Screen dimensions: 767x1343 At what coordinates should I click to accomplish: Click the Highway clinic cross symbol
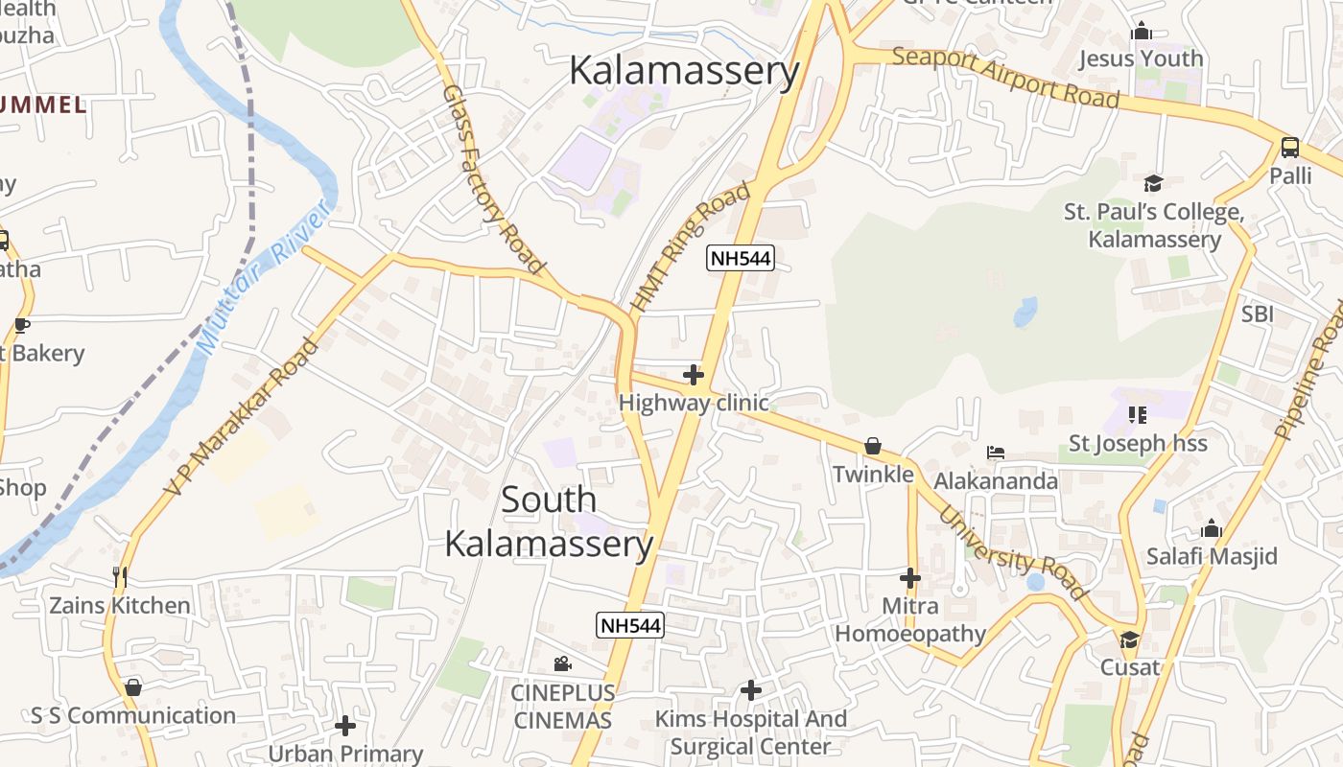(x=694, y=374)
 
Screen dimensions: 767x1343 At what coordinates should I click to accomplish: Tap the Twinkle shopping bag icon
(x=873, y=446)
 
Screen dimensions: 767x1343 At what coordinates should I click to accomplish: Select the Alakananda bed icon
(x=996, y=453)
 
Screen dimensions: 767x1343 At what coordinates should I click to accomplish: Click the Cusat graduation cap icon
(x=1129, y=639)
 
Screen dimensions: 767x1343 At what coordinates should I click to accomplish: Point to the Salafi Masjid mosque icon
(x=1212, y=528)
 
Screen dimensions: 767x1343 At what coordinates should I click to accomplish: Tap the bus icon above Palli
(x=1290, y=148)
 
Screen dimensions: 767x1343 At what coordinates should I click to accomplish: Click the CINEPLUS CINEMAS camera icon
(x=563, y=663)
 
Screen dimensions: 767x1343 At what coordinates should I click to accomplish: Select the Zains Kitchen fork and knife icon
(x=120, y=576)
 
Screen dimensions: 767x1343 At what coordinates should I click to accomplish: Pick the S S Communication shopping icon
(x=133, y=687)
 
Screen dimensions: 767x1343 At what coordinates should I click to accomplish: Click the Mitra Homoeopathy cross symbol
(x=910, y=578)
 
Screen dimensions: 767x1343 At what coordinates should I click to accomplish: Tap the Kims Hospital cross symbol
(x=751, y=689)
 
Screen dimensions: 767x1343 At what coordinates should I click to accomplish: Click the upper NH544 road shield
(x=741, y=258)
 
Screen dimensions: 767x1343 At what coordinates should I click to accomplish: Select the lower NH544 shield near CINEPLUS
(x=629, y=625)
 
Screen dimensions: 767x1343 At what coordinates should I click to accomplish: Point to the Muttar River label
(x=262, y=276)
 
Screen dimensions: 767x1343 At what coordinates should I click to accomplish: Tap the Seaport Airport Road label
(x=1005, y=77)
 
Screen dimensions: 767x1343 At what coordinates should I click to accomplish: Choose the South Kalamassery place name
(x=549, y=522)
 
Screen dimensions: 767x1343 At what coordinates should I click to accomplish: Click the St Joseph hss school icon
(x=1138, y=415)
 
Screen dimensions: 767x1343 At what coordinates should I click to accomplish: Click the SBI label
(x=1258, y=314)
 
